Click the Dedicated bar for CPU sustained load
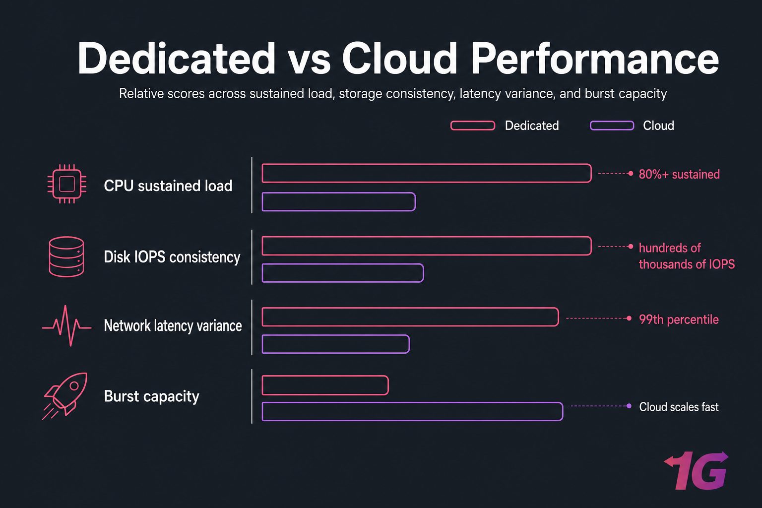[427, 174]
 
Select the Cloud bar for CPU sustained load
[338, 202]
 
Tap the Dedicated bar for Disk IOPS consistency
[427, 246]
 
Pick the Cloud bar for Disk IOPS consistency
[342, 273]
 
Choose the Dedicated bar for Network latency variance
[410, 317]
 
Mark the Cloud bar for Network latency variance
[335, 344]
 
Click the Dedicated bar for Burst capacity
[325, 385]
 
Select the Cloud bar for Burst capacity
[412, 412]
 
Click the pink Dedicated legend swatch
[472, 126]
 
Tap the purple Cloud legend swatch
[612, 126]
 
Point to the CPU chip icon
[66, 184]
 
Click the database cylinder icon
[66, 256]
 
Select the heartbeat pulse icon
[66, 326]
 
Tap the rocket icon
[65, 395]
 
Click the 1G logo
[697, 470]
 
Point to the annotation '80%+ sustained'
[679, 174]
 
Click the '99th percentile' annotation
[679, 319]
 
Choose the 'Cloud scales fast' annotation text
[679, 407]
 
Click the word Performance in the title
[595, 59]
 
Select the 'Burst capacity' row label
[151, 396]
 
